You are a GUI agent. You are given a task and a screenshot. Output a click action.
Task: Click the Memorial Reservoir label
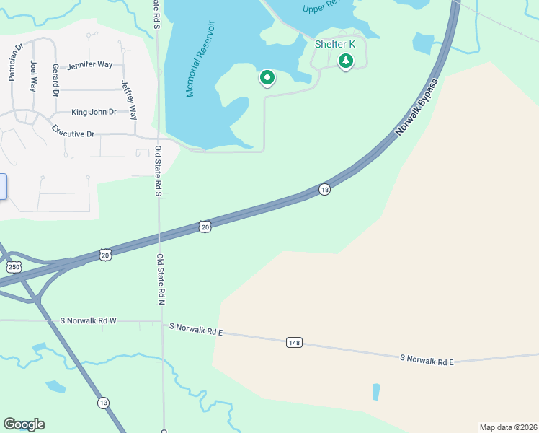[x=201, y=59]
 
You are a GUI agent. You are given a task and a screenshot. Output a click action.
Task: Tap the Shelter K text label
[x=336, y=44]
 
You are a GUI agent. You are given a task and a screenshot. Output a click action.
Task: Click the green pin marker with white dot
[x=267, y=77]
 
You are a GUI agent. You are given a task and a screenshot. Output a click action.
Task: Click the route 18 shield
[x=325, y=189]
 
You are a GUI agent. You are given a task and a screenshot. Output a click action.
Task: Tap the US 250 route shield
[x=13, y=267]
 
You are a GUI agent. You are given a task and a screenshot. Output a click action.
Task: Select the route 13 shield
[x=104, y=403]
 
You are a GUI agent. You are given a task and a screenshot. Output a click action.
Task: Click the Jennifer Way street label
[x=89, y=65]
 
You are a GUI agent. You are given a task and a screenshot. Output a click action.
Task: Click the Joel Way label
[x=33, y=75]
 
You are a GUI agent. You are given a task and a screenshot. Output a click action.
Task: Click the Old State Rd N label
[x=161, y=278]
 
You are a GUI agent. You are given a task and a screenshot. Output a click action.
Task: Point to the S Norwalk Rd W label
[x=88, y=320]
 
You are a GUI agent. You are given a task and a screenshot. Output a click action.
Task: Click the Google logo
[x=24, y=424]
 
